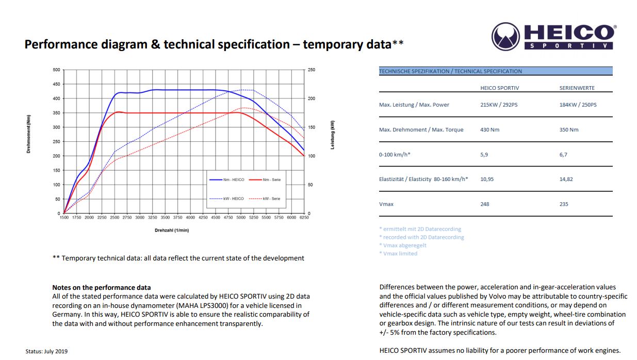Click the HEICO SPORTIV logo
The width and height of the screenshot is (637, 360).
553,36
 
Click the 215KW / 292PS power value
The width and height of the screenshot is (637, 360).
499,105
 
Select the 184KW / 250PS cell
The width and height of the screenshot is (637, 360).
578,105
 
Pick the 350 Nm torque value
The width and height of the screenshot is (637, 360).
569,130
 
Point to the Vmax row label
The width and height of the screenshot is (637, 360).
386,204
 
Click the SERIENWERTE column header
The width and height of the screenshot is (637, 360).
577,88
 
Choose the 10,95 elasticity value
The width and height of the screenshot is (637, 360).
487,179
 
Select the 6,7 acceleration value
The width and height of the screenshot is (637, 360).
563,155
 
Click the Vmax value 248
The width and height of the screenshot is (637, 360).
484,204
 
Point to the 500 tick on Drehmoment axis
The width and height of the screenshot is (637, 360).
56,70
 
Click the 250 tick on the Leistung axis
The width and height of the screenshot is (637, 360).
312,70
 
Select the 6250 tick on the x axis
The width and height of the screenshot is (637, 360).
304,218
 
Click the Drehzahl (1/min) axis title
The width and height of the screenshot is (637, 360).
172,230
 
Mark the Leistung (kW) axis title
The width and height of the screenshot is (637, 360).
333,135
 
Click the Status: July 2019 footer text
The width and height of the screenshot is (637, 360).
46,352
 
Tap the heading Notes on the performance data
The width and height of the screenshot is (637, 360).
101,287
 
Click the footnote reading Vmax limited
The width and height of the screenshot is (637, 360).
398,253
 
